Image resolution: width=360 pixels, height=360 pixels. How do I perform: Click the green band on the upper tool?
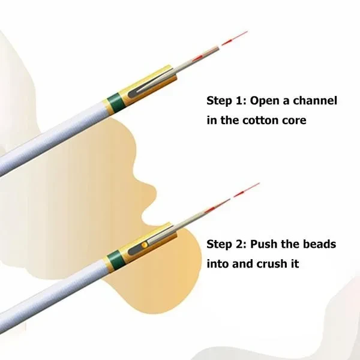click(x=116, y=102)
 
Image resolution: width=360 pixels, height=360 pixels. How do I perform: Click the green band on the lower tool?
click(x=115, y=260)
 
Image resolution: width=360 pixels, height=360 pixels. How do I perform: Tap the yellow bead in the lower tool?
click(x=145, y=245)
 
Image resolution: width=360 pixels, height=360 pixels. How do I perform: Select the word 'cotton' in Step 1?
click(x=260, y=121)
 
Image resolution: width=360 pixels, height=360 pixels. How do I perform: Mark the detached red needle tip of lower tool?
click(x=247, y=190)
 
